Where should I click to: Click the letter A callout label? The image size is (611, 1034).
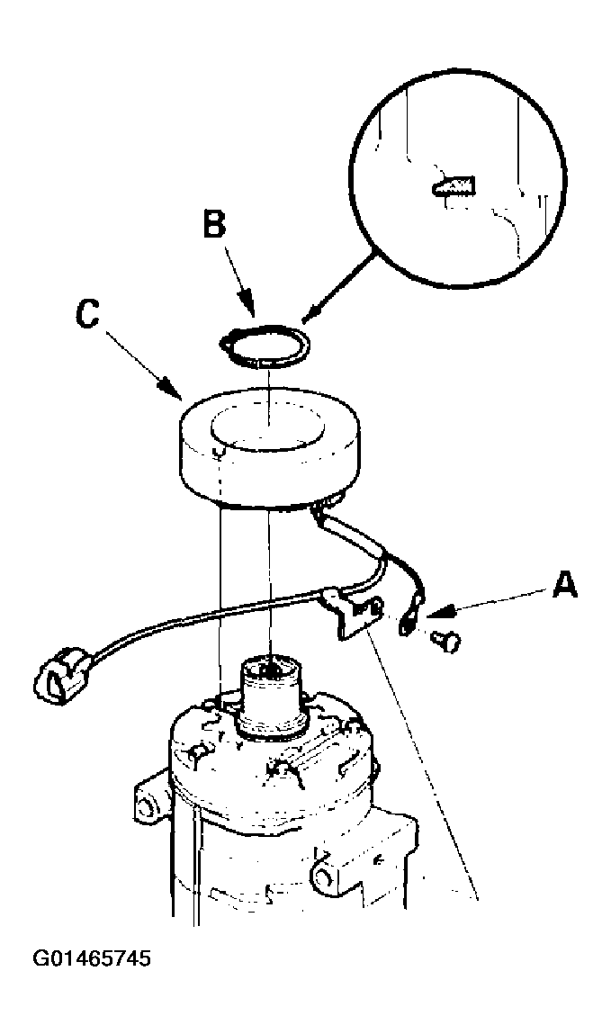(564, 585)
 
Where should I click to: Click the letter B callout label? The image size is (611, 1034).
(213, 225)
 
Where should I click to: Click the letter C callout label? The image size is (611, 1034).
(87, 315)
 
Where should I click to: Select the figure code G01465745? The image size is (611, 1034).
(93, 958)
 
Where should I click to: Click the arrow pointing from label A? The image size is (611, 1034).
(488, 603)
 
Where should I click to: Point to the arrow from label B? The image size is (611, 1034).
(238, 280)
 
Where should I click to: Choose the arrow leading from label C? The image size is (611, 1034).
(141, 364)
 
